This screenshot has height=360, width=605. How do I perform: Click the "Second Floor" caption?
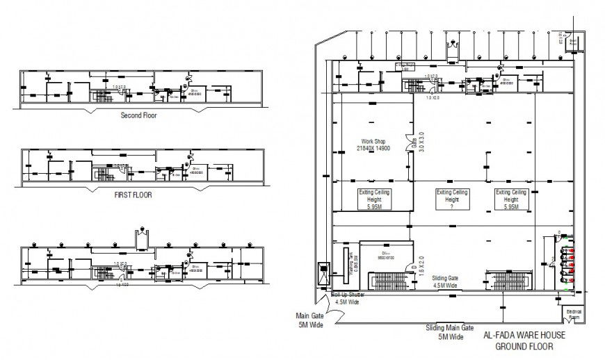click(x=138, y=115)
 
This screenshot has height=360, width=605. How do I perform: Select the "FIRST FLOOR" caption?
click(x=133, y=195)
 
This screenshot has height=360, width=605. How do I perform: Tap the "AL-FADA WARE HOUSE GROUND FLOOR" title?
click(x=524, y=341)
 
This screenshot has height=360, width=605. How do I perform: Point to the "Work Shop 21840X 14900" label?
click(x=373, y=144)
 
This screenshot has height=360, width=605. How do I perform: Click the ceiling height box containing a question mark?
click(x=452, y=199)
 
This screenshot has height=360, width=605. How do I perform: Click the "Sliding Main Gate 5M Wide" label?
click(x=449, y=332)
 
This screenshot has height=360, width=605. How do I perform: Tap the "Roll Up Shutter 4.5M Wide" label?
click(x=348, y=298)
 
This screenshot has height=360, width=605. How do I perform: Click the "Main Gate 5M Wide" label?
click(x=309, y=319)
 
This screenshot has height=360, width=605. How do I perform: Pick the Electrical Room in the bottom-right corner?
click(x=574, y=314)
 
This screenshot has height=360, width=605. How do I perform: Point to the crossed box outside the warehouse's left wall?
click(x=323, y=273)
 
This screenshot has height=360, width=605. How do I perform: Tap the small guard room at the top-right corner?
click(x=573, y=41)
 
